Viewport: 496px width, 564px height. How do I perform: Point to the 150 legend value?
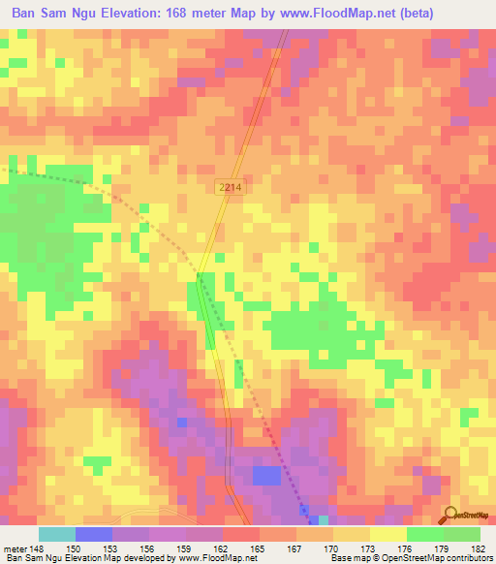point(74,548)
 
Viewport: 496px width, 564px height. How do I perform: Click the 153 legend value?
point(111,548)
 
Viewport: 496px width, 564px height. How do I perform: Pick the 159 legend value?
point(185,548)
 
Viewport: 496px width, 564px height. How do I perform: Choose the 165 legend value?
point(259,548)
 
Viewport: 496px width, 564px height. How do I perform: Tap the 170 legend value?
point(332,548)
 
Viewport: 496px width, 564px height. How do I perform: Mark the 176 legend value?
point(406,548)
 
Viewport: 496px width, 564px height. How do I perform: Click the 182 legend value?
point(480,548)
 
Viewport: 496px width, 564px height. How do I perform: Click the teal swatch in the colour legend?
point(56,534)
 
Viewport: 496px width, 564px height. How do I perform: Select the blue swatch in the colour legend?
point(93,534)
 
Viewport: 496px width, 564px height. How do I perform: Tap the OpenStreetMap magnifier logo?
point(451,515)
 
